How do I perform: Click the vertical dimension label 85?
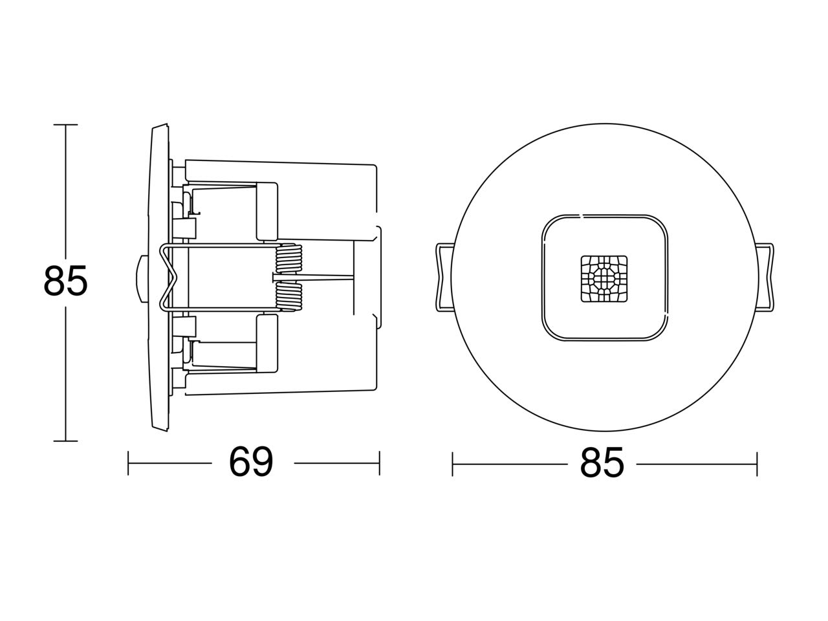click(65, 280)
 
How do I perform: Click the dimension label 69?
click(251, 462)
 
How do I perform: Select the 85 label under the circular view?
click(602, 463)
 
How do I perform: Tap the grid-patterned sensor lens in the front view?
click(604, 279)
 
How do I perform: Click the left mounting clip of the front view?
click(444, 277)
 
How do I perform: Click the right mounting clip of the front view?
click(766, 277)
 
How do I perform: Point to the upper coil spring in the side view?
click(289, 258)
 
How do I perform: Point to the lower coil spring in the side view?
click(289, 297)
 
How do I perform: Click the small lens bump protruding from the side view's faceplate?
click(142, 279)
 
